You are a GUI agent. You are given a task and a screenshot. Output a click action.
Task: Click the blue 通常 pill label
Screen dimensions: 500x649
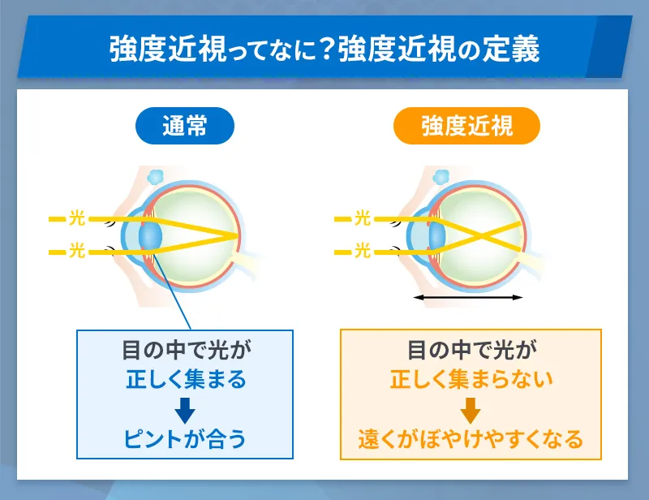185,126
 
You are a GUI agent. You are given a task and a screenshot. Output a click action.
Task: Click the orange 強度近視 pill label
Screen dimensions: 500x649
466,126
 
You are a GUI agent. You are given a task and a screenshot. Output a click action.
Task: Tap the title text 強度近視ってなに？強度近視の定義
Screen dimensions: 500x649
324,50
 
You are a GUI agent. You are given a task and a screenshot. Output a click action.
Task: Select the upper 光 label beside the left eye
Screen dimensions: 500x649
77,218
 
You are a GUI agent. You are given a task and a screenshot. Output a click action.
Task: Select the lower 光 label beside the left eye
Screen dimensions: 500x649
77,252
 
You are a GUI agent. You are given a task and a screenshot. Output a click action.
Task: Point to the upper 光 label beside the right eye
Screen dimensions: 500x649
363,218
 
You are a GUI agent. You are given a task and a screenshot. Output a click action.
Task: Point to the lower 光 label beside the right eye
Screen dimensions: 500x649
363,252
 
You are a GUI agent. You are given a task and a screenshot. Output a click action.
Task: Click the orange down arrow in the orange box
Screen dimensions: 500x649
471,410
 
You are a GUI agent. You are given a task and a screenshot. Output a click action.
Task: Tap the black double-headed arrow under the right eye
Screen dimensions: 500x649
468,299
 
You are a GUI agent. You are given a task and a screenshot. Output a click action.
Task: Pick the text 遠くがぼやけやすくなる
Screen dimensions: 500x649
471,439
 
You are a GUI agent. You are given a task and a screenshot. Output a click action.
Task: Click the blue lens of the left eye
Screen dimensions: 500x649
151,236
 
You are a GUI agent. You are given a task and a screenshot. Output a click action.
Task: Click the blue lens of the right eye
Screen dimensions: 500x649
436,235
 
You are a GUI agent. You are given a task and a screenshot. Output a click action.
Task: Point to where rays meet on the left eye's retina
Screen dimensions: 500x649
239,235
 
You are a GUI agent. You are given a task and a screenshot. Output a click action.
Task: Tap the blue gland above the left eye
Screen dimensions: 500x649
154,175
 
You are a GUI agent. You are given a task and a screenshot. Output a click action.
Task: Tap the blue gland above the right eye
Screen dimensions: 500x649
441,175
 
